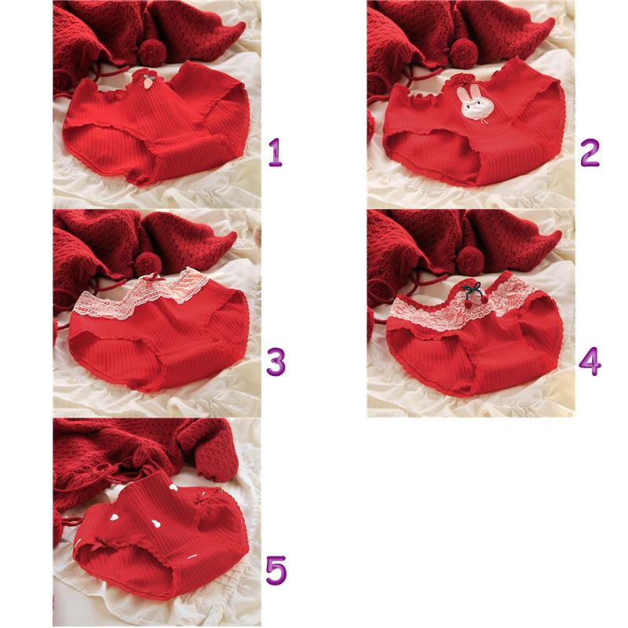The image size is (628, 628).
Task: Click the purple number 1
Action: (x=276, y=152)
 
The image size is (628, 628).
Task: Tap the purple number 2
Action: (x=590, y=152)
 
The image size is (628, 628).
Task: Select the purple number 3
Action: (x=276, y=361)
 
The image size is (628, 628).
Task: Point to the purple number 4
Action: (x=590, y=361)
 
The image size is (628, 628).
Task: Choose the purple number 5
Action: (x=276, y=571)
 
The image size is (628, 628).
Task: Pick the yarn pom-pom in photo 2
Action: (x=464, y=53)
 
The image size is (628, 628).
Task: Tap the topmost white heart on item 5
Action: (x=173, y=487)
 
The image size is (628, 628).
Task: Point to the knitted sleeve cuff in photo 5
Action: (x=216, y=462)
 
